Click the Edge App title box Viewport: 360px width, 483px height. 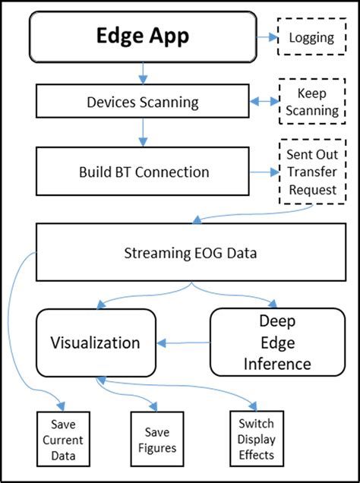click(x=143, y=36)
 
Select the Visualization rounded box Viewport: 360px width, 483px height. click(x=95, y=343)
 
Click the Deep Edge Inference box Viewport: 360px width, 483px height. click(x=276, y=343)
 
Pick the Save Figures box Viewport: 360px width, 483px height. click(x=158, y=440)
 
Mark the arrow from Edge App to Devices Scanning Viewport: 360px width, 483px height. click(x=143, y=73)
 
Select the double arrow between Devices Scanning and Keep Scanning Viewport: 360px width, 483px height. click(x=263, y=100)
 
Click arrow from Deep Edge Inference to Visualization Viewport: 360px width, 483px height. click(x=182, y=343)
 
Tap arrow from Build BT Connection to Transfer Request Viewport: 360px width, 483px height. click(x=263, y=172)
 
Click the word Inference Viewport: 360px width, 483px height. click(x=277, y=364)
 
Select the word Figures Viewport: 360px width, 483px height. click(x=158, y=448)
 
